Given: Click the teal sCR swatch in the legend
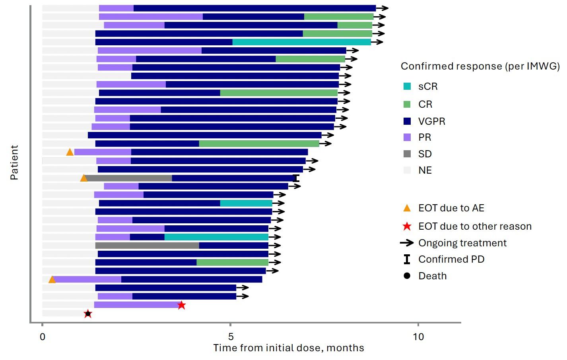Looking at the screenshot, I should coord(407,86).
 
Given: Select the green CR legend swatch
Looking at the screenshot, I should coord(407,104).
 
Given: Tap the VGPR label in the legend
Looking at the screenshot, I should coord(431,121).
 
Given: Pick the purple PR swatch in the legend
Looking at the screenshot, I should coord(407,137).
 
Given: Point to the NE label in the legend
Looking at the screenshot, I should coord(425,170).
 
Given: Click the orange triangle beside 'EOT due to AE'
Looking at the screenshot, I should coord(407,208).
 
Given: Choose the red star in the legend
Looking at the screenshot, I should coord(407,226).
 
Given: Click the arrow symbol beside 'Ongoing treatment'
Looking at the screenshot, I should coord(407,243).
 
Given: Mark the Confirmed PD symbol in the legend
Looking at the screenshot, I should coord(407,259).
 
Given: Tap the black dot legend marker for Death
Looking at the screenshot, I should coord(407,276).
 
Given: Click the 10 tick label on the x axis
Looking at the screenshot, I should coord(418,337).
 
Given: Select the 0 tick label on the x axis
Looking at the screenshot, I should coord(43,337).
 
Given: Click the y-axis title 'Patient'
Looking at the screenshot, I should coord(14,163).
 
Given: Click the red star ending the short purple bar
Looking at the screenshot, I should coord(181,305).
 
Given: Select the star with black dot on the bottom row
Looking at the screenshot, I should coord(88,314).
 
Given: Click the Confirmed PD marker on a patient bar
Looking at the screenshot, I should coord(295,178).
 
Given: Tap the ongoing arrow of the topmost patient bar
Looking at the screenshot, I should coord(382,8).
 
